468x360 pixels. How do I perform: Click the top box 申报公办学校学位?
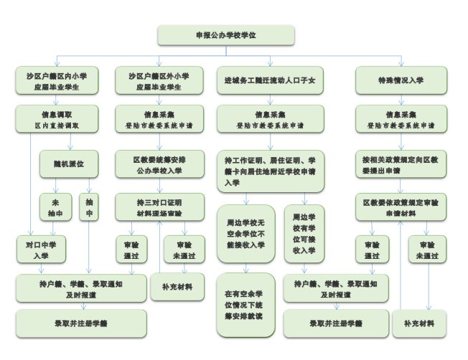point(227,34)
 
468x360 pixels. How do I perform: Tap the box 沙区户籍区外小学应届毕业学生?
point(159,80)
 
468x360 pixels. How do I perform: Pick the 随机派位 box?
point(68,164)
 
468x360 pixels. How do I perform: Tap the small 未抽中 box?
point(51,207)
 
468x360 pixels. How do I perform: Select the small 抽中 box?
point(89,207)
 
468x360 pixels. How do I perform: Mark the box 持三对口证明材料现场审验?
point(159,207)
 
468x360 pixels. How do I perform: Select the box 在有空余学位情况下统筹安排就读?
point(245,304)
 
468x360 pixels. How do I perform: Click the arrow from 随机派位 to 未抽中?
point(51,186)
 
